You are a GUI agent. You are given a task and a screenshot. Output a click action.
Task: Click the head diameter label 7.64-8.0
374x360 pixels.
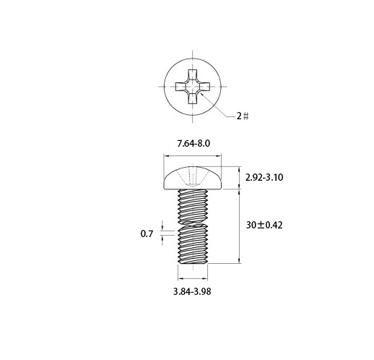click(193, 144)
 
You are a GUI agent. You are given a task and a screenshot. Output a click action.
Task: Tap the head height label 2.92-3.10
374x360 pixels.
click(264, 178)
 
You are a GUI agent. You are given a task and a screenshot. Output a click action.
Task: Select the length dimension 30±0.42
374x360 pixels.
click(264, 226)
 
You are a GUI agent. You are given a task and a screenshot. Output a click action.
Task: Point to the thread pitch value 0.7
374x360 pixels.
click(147, 233)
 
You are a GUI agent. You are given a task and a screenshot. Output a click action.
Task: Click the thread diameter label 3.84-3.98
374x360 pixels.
click(192, 291)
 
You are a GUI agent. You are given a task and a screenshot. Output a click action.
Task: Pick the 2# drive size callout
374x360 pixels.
click(243, 116)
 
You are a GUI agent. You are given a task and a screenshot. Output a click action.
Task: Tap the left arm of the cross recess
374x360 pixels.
click(181, 87)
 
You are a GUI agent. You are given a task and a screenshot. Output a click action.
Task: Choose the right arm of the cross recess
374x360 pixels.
click(204, 87)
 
